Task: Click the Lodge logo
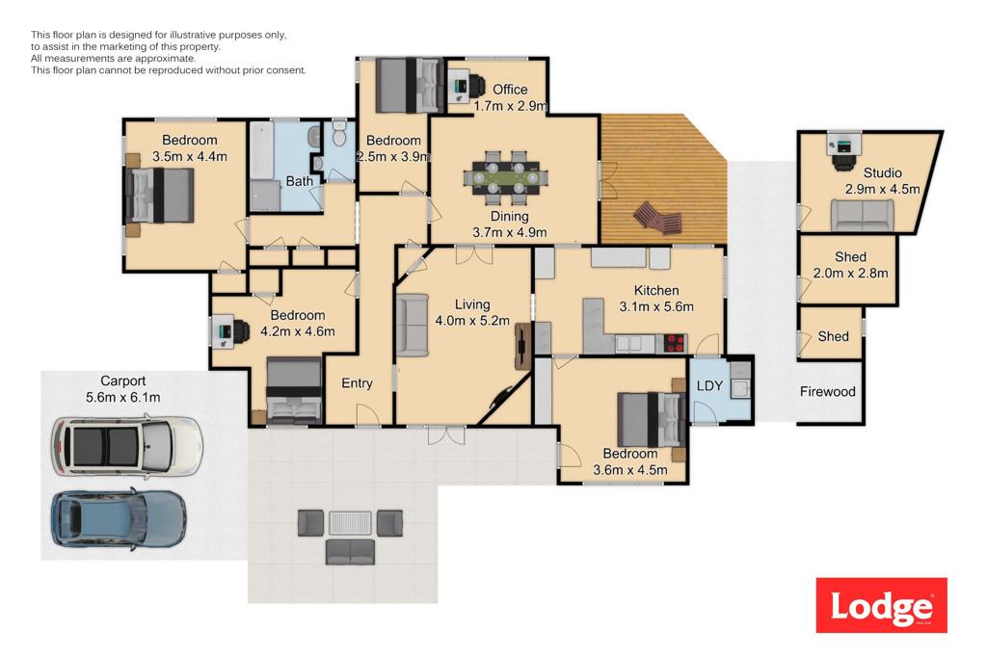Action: click(x=881, y=605)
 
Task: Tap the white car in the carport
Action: click(x=126, y=446)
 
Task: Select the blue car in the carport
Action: click(x=119, y=518)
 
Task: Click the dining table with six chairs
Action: click(x=505, y=178)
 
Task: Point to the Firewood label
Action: click(x=827, y=392)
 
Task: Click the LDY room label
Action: click(x=709, y=385)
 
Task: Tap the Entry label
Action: click(x=357, y=383)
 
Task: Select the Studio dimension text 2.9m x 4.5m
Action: click(x=882, y=189)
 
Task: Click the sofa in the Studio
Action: click(x=863, y=215)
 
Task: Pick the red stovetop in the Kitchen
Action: click(x=675, y=344)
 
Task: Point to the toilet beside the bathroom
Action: click(x=339, y=134)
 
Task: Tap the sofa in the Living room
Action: click(x=413, y=325)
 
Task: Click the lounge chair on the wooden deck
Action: click(x=657, y=219)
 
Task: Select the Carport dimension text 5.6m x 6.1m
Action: click(x=122, y=398)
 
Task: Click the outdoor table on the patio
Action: click(x=351, y=523)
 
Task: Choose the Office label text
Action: click(x=510, y=90)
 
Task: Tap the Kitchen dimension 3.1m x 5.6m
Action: click(x=656, y=307)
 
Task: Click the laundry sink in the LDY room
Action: click(x=741, y=389)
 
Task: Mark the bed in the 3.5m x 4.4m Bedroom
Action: click(x=159, y=196)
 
